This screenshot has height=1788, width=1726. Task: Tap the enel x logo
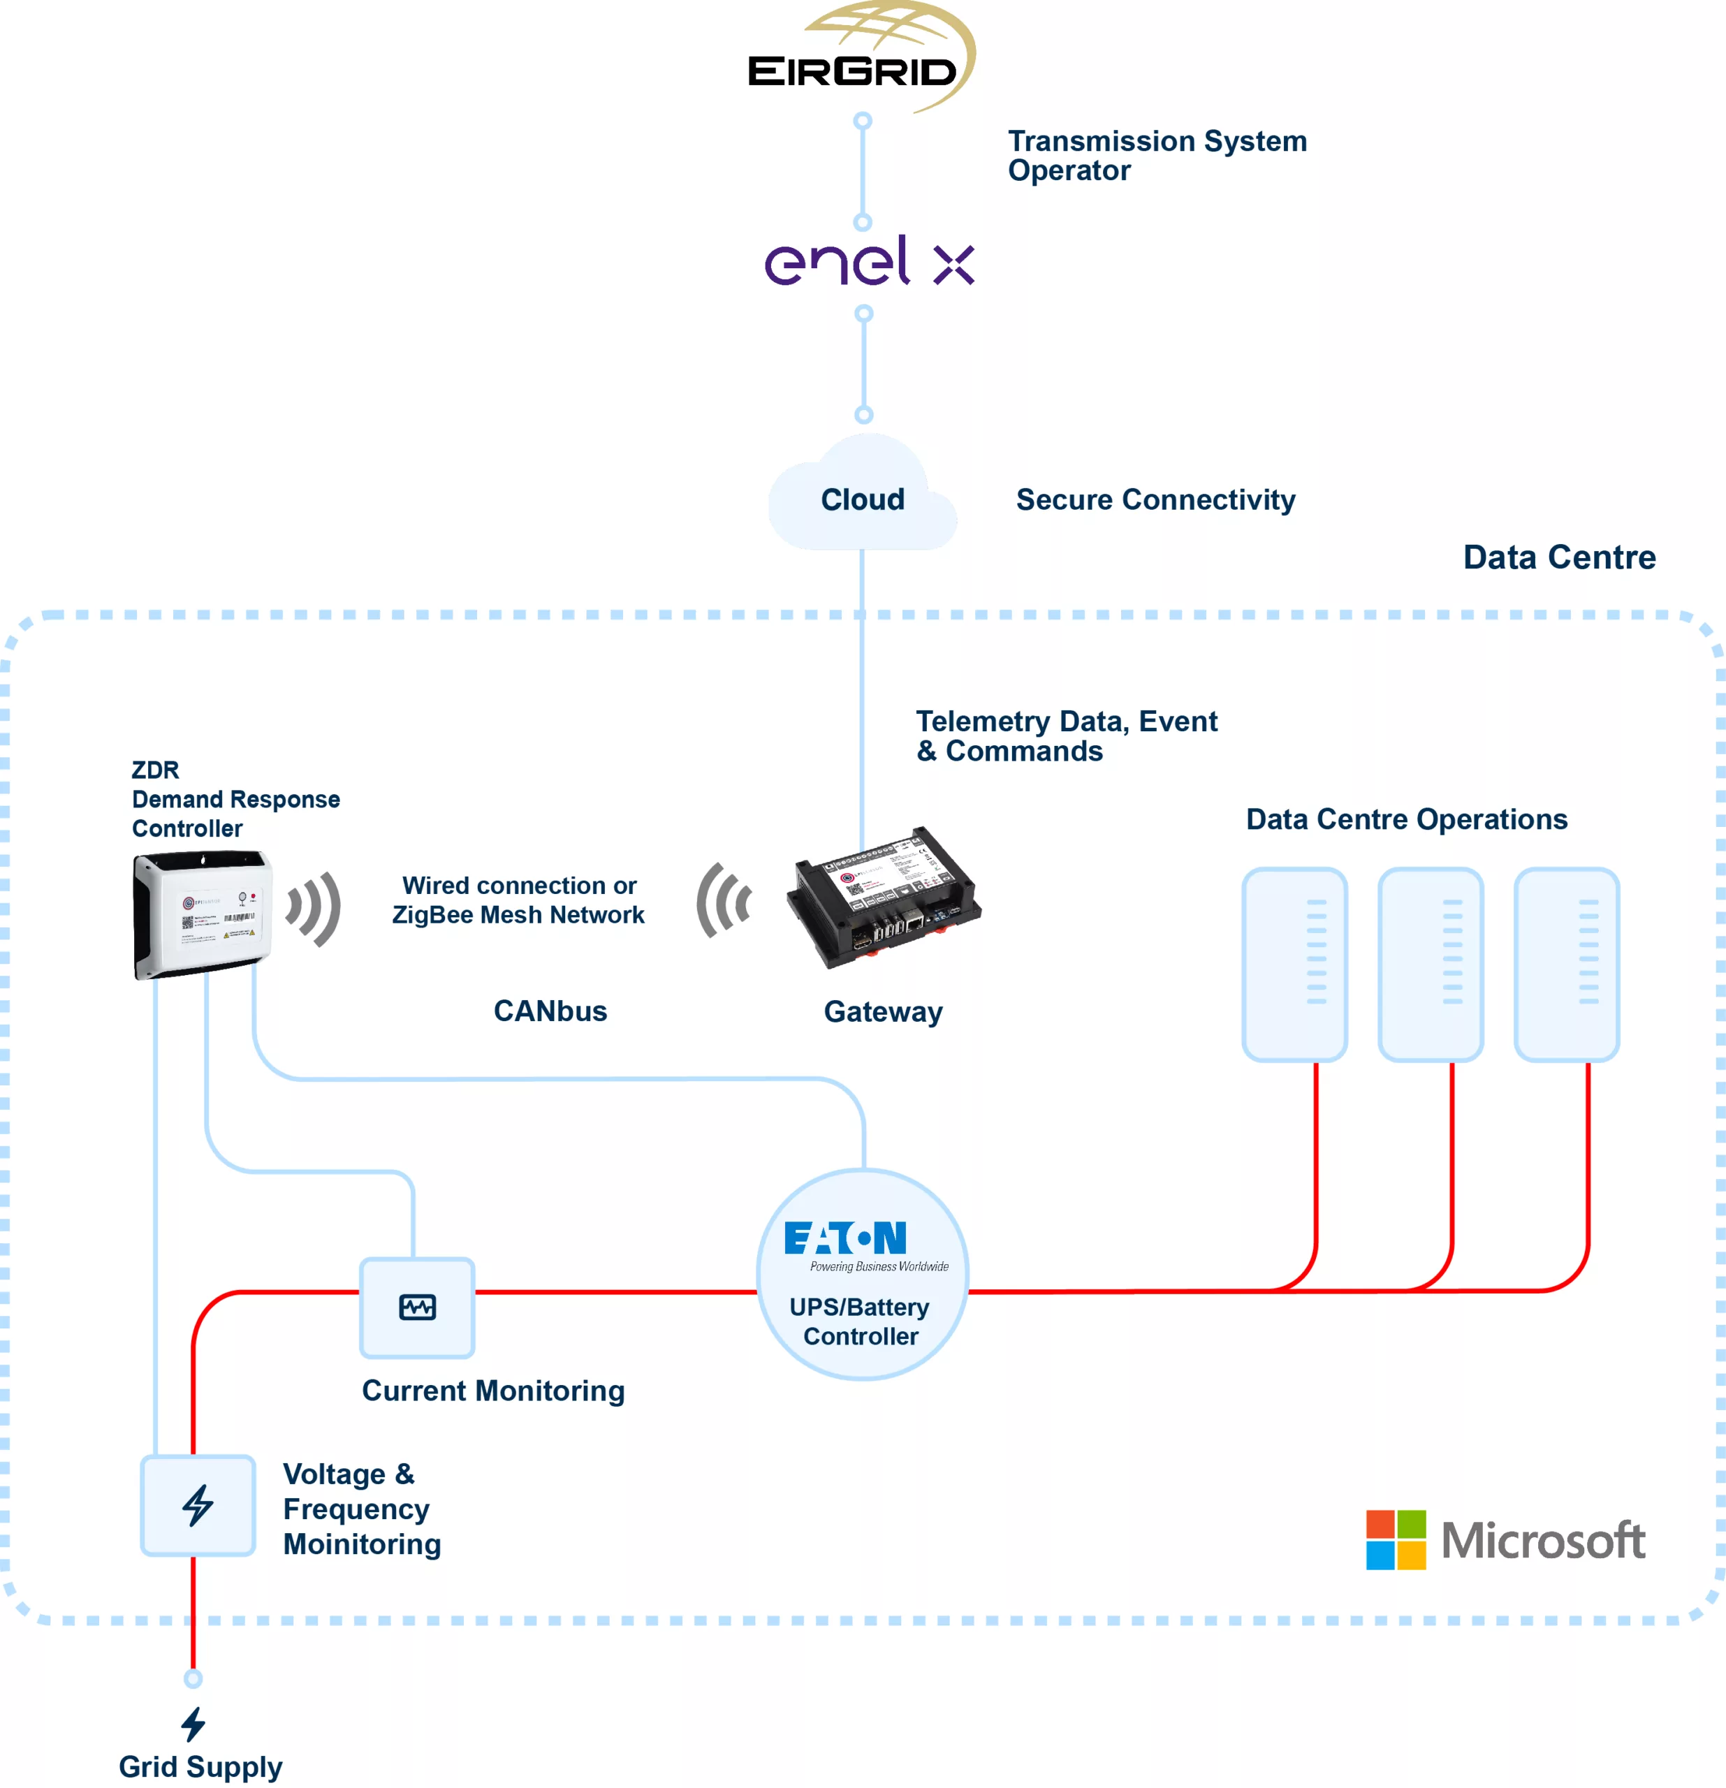pos(868,263)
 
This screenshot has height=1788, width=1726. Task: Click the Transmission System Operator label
pos(1156,155)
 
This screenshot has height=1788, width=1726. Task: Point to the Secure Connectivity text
pos(1155,500)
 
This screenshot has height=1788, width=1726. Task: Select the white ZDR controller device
pos(202,914)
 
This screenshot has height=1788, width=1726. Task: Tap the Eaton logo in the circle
pos(844,1239)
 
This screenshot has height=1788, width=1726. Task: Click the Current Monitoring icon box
pos(417,1307)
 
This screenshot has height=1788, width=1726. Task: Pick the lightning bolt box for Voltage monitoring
pos(197,1505)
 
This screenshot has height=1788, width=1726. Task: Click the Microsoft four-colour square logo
pos(1395,1540)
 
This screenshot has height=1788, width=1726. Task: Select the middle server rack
pos(1430,965)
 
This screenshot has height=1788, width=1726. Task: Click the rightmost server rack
pos(1565,965)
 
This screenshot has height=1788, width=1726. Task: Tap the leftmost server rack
pos(1294,965)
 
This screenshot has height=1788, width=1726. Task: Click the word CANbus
pos(550,1011)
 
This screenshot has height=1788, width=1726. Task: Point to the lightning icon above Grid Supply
pos(193,1724)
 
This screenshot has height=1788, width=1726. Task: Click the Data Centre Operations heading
pos(1406,819)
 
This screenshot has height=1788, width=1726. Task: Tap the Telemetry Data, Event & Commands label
pos(1065,736)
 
